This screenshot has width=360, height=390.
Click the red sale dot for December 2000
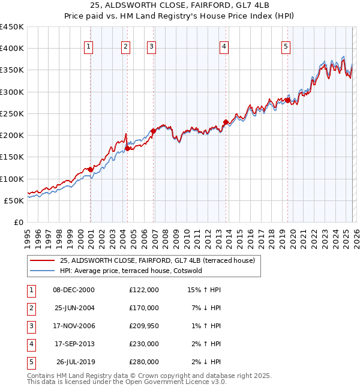click(x=91, y=169)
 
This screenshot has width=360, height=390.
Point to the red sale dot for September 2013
click(x=226, y=122)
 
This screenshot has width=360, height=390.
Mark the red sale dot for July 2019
click(x=288, y=100)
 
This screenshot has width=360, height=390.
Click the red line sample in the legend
click(x=43, y=260)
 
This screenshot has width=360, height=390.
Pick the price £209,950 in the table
click(x=143, y=326)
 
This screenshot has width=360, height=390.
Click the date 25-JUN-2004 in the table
click(x=73, y=308)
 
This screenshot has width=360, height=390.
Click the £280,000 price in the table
click(x=143, y=362)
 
